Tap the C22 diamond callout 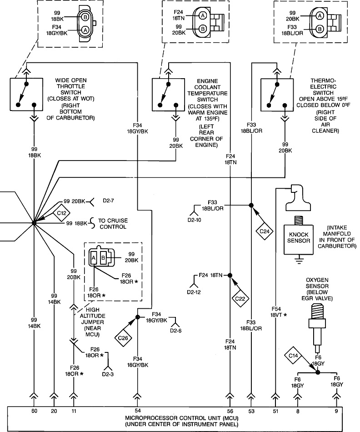coord(240,298)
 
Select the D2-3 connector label coord(108,374)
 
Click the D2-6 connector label coord(176,331)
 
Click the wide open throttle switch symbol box coord(26,94)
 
